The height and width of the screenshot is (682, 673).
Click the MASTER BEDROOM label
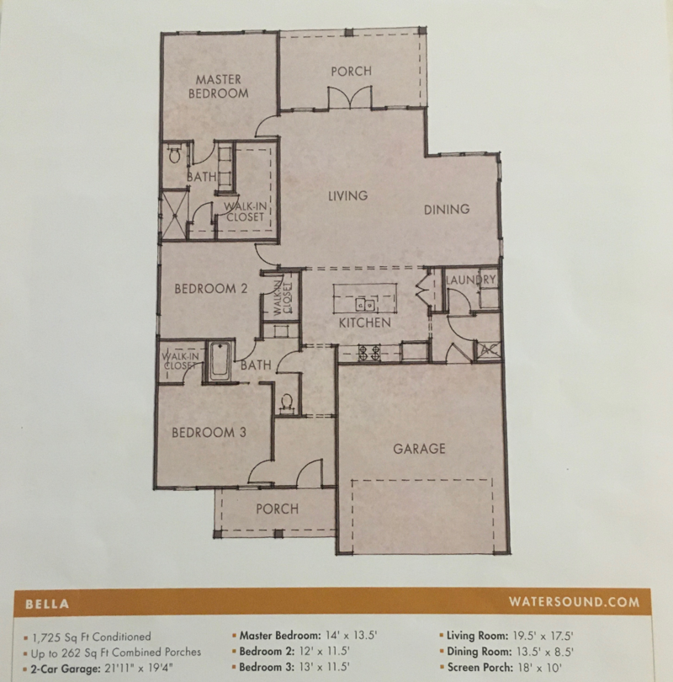pyautogui.click(x=218, y=86)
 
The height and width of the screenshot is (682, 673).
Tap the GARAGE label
pyautogui.click(x=419, y=449)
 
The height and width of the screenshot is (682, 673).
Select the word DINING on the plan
pyautogui.click(x=447, y=209)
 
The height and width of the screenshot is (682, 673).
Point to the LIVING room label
pyautogui.click(x=347, y=195)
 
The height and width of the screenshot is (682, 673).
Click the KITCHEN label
pyautogui.click(x=364, y=322)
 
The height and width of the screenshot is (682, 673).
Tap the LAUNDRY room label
pyautogui.click(x=470, y=280)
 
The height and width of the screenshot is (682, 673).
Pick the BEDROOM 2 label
pyautogui.click(x=210, y=288)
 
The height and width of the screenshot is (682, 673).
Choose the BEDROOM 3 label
pyautogui.click(x=209, y=432)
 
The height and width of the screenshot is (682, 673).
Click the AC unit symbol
pyautogui.click(x=490, y=349)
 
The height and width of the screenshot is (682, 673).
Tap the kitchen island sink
pyautogui.click(x=365, y=305)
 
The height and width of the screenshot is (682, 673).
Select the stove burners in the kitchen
pyautogui.click(x=369, y=353)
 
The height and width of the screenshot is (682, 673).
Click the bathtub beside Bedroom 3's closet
pyautogui.click(x=220, y=361)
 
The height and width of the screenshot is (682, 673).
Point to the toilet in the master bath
pyautogui.click(x=174, y=153)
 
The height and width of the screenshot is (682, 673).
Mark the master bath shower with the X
pyautogui.click(x=174, y=215)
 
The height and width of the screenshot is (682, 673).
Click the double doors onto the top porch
pyautogui.click(x=350, y=98)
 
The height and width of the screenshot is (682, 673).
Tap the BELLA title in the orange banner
pyautogui.click(x=47, y=605)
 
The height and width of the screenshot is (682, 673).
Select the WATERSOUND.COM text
pyautogui.click(x=574, y=602)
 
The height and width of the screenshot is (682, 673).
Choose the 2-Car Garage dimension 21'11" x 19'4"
pyautogui.click(x=139, y=669)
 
